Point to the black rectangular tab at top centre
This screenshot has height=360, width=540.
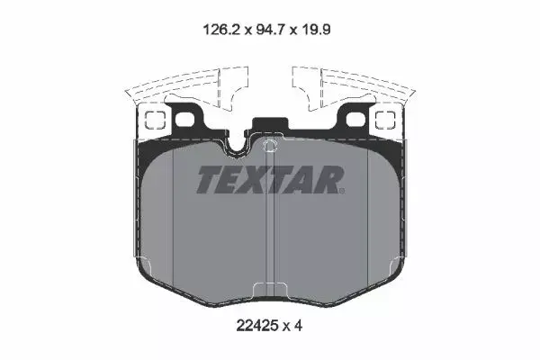[270, 127]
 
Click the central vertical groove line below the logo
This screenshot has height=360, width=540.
[271, 243]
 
